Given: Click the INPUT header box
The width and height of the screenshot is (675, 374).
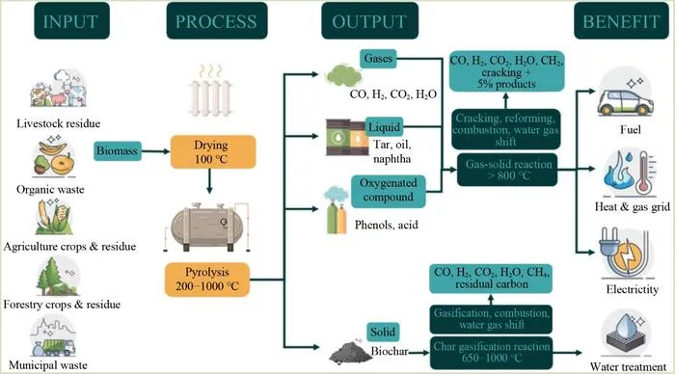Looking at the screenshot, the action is point(72,20).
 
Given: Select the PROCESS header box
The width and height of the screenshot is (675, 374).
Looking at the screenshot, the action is point(217,20).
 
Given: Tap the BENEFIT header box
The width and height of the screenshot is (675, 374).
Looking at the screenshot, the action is point(621,20).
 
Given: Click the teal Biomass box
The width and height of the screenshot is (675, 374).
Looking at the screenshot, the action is point(118,151).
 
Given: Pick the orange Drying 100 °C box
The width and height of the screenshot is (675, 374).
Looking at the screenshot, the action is point(213,152).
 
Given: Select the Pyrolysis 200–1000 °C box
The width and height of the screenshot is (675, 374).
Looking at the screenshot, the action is point(207,280).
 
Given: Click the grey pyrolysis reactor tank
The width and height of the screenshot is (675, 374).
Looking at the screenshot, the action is point(207,227).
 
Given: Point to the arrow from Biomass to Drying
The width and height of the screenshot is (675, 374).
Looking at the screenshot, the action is point(156,151).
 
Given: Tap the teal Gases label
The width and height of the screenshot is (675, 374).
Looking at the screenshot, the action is point(378,59).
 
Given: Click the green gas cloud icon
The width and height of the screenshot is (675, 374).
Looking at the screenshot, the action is point(343,76).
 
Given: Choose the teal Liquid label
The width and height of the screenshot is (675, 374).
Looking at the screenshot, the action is point(384,127).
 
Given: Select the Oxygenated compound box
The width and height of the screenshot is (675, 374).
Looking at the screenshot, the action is point(389,191).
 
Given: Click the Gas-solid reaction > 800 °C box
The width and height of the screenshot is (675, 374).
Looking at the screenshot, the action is point(507,170).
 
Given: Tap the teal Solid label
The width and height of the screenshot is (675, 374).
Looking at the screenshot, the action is point(383,332).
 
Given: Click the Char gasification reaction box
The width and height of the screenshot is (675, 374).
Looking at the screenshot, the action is point(491,353).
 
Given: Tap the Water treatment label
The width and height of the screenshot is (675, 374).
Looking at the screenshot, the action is point(628,366).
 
